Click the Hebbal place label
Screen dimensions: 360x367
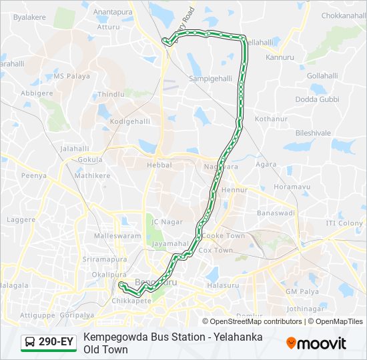159,165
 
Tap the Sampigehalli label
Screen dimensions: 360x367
210,78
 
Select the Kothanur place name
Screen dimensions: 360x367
270,118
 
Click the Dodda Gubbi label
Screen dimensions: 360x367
317,99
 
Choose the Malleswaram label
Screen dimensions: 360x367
118,236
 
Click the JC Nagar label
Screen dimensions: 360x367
167,221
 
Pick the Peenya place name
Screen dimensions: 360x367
33,175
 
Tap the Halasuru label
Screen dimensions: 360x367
223,285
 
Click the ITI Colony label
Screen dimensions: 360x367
344,223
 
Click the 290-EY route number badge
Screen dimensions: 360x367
55,342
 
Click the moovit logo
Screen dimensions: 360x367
316,343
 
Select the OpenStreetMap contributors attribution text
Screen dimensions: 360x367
246,321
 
